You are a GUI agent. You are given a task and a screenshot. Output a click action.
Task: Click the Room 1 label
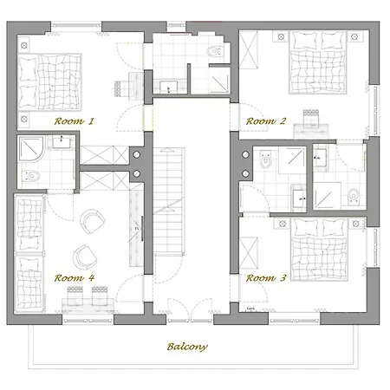coord(75,120)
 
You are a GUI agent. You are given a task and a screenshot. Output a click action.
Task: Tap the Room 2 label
coord(266,120)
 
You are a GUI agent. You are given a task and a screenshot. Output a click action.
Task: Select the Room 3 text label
coord(266,278)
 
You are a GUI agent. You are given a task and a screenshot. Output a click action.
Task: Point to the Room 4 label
coord(75,278)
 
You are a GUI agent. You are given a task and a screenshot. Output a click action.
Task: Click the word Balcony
coord(187,347)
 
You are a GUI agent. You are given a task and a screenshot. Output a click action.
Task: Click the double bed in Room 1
coord(49,82)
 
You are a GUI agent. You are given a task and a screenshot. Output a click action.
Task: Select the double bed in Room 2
coord(317,62)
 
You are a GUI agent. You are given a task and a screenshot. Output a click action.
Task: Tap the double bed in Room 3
coord(319,249)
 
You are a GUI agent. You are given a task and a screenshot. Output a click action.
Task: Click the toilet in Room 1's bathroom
coord(31,175)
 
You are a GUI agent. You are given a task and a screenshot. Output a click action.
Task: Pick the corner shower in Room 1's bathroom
coord(31,149)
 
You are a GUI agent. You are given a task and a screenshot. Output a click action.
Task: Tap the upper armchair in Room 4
coord(92,221)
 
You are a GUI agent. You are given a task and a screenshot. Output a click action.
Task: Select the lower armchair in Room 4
coord(85,257)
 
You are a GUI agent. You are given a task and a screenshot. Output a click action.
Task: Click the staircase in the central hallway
coord(169,201)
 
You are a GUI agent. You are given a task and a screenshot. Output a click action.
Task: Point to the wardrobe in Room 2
coord(249,49)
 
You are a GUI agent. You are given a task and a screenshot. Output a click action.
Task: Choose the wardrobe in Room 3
coord(249,253)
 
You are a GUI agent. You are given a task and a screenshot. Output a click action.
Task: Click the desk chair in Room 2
coord(311,116)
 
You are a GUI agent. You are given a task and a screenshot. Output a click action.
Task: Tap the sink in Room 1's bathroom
coord(61,142)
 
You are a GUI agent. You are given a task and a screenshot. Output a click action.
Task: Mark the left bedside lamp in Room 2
coord(281,36)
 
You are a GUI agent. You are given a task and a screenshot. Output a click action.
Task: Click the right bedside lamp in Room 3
coord(355,224)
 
